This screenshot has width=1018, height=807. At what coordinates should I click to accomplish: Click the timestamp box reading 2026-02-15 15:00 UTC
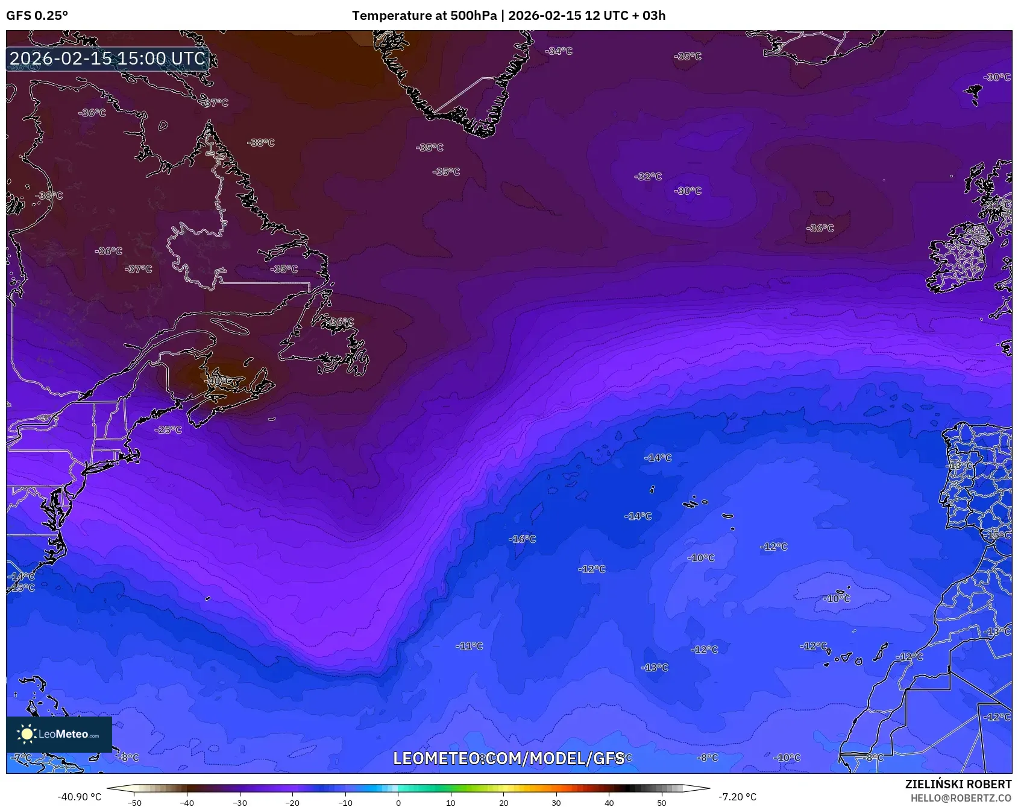[107, 59]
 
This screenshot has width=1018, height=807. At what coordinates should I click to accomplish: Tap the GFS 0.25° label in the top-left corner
[37, 16]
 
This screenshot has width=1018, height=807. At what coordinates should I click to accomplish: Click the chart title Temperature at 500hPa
[424, 16]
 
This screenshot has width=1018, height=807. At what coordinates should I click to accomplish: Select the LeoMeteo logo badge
[59, 734]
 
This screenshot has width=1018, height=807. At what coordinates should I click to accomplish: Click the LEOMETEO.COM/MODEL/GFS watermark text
[508, 758]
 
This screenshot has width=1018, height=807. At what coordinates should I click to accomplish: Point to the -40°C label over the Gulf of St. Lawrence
[219, 381]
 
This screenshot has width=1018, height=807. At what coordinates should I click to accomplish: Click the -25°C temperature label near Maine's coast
[168, 430]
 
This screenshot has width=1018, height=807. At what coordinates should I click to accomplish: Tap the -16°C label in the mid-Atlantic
[522, 539]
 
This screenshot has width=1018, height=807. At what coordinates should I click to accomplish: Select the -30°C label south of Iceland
[688, 191]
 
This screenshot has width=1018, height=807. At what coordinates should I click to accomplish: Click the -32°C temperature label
[648, 177]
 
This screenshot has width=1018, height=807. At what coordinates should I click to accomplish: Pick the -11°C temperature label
[469, 646]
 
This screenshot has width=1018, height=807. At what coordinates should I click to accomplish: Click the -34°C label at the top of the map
[559, 51]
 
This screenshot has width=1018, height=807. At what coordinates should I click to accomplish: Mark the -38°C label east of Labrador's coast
[260, 143]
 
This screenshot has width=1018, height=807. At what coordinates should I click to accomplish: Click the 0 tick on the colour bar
[398, 803]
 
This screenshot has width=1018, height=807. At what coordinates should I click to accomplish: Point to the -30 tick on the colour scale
[240, 803]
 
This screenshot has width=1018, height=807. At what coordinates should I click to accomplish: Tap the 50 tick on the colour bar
[662, 803]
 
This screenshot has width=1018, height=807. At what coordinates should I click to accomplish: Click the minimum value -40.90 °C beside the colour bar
[79, 797]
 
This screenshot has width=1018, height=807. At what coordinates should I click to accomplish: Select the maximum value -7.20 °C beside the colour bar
[737, 797]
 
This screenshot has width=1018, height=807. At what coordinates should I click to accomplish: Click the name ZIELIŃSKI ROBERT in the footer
[958, 784]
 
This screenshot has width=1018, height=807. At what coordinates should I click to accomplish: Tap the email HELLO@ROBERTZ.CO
[960, 798]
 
